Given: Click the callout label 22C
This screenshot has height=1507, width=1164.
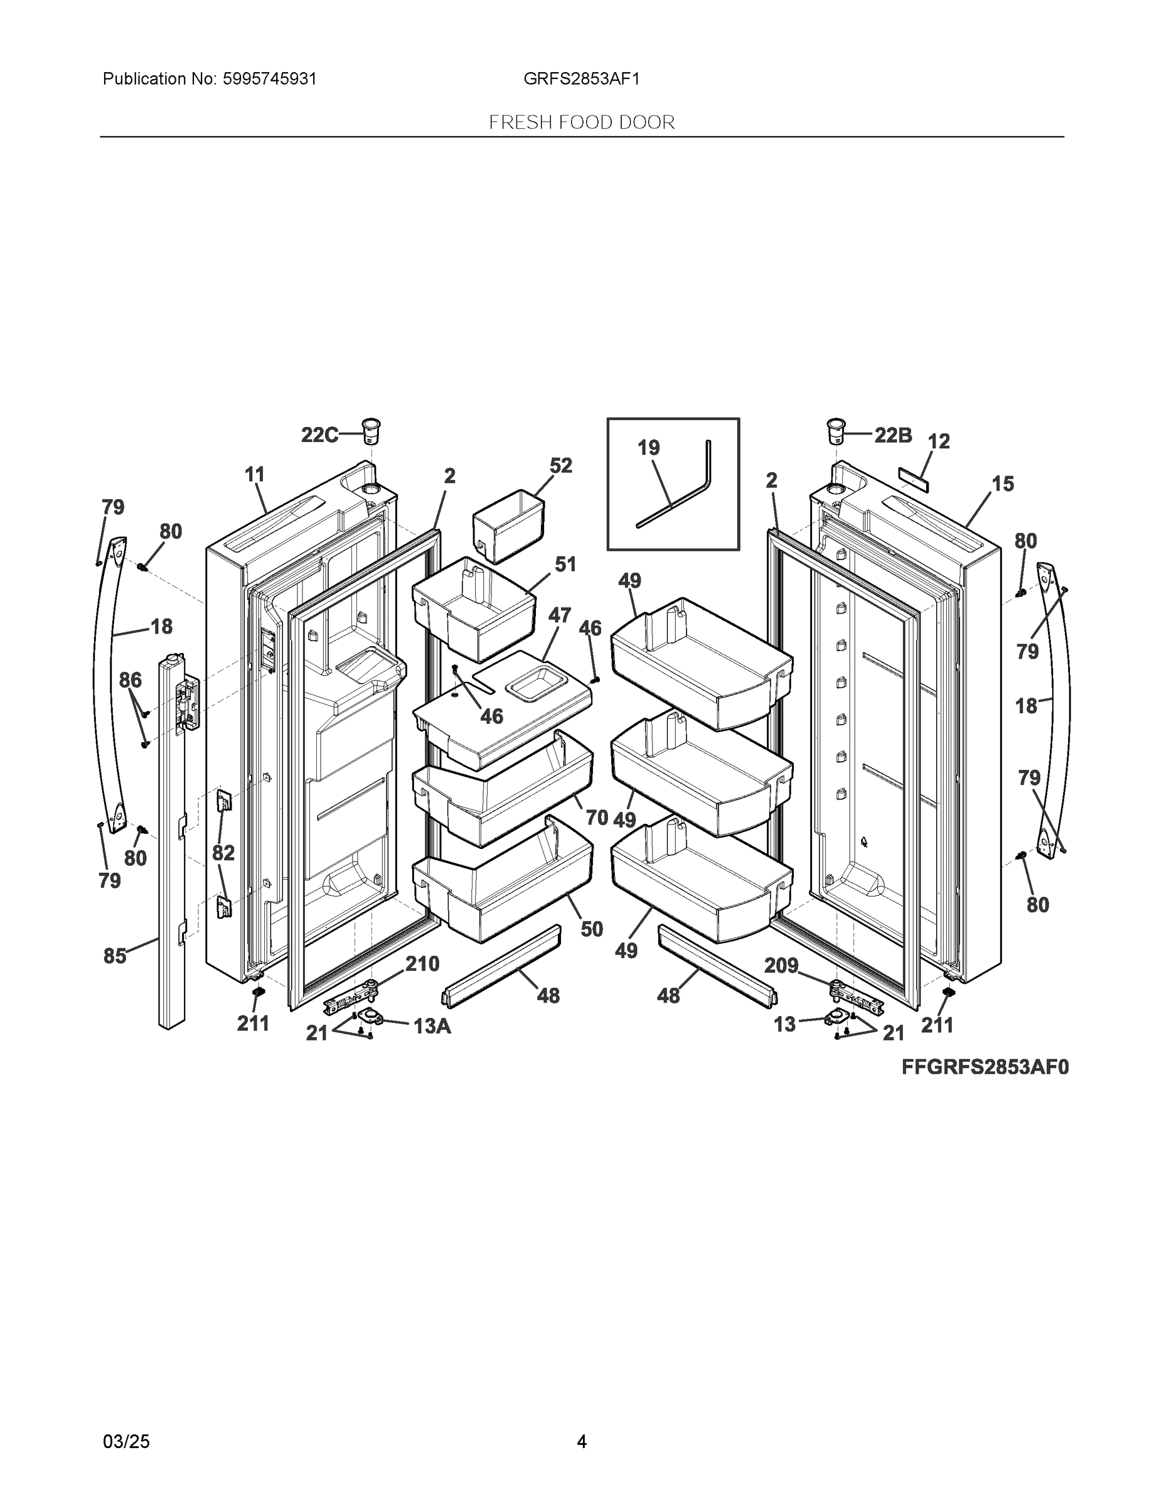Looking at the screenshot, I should pyautogui.click(x=319, y=435).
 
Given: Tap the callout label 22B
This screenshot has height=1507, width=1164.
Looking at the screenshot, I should pyautogui.click(x=893, y=435).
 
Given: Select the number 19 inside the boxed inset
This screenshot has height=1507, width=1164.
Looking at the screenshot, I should pyautogui.click(x=648, y=448).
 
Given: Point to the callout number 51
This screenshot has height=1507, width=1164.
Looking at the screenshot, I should pyautogui.click(x=565, y=564).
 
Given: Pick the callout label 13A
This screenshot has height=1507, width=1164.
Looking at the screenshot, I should pyautogui.click(x=432, y=1026).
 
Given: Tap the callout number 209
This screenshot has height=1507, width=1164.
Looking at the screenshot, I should pyautogui.click(x=781, y=965).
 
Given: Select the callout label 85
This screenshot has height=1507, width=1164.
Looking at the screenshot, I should pyautogui.click(x=115, y=956).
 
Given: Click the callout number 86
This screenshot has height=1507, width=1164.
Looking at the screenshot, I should pyautogui.click(x=131, y=681).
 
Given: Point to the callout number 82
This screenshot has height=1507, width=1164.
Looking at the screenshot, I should pyautogui.click(x=223, y=853).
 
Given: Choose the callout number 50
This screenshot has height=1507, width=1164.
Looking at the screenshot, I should pyautogui.click(x=592, y=929).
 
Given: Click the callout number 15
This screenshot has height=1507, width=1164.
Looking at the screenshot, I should pyautogui.click(x=1003, y=483).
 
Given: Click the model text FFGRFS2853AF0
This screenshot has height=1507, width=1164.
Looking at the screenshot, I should pyautogui.click(x=985, y=1067).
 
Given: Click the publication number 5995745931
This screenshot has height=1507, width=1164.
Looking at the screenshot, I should pyautogui.click(x=270, y=78).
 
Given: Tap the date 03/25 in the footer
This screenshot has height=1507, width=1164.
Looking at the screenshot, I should pyautogui.click(x=126, y=1442).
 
